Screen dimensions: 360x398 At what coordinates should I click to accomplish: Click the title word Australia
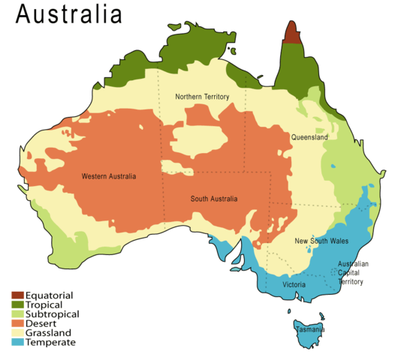point(68,14)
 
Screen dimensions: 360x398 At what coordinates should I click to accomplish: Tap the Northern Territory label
point(202,97)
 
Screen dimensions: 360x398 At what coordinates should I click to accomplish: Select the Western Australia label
point(109,177)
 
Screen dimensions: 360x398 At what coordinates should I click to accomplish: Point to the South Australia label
point(214,199)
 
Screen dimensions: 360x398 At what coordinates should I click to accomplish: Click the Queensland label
point(309,138)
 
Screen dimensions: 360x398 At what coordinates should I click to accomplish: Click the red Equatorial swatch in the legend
point(17,295)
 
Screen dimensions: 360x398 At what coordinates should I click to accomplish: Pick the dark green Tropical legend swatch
point(17,304)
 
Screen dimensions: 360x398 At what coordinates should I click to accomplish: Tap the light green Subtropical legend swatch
point(17,314)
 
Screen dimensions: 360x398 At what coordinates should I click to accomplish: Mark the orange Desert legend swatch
point(17,323)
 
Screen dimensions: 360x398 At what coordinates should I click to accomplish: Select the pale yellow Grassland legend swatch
point(17,333)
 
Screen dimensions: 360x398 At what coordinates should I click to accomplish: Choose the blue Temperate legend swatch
point(17,343)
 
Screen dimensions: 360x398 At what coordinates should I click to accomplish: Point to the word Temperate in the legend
point(50,343)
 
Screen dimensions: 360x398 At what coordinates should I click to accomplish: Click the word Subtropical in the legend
point(53,314)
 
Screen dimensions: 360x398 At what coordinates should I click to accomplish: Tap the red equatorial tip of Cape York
point(291,34)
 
